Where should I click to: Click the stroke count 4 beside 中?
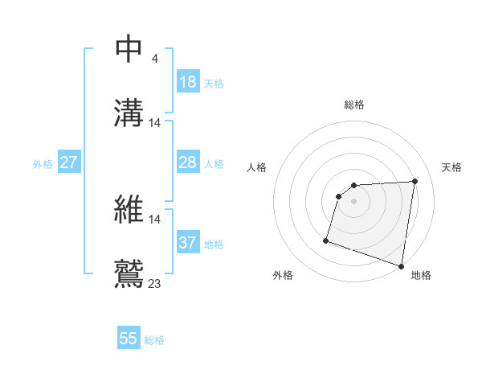[154, 58]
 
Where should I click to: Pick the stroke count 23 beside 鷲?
[155, 282]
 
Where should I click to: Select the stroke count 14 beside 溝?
[155, 123]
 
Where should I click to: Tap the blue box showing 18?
[188, 82]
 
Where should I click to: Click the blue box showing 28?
[188, 162]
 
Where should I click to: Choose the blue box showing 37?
[188, 243]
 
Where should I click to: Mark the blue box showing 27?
[69, 162]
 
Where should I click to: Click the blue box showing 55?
[129, 339]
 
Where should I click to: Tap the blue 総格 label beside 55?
[154, 340]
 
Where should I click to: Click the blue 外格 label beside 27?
[43, 164]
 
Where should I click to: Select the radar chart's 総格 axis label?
[354, 105]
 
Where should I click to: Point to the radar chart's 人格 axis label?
[257, 167]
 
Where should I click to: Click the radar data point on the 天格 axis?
[415, 182]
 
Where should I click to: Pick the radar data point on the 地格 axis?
[402, 265]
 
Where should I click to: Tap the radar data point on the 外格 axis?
[326, 240]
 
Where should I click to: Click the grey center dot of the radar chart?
[354, 201]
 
